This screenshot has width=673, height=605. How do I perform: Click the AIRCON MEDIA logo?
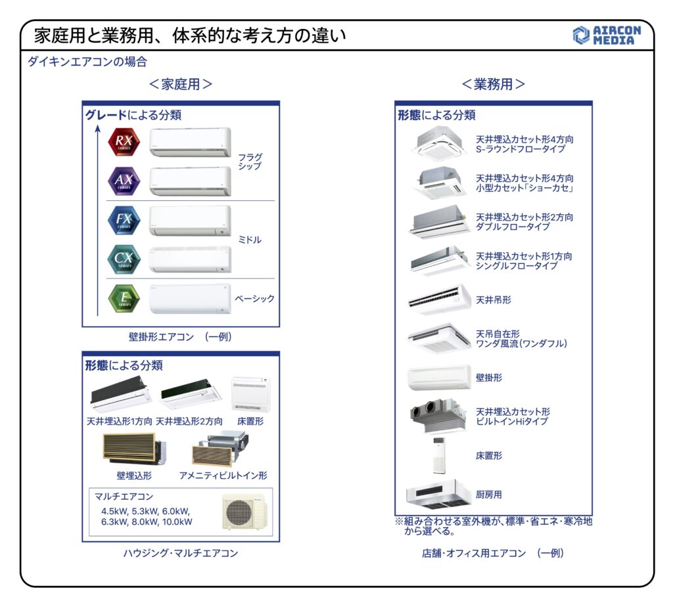point(604,35)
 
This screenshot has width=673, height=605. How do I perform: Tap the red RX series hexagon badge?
point(124,143)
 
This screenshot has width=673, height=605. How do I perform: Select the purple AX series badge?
point(124,181)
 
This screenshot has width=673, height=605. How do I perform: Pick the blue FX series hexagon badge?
point(124,220)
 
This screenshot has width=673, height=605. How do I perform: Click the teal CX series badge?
point(124,259)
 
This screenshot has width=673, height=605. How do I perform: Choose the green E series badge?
point(124,298)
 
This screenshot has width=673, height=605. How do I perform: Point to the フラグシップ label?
point(250,162)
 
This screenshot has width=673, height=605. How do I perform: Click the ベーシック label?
point(255,298)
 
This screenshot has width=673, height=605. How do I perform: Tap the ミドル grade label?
point(250,240)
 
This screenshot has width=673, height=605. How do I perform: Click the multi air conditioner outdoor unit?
point(244,512)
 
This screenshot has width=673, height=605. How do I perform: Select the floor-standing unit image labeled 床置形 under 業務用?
point(440,455)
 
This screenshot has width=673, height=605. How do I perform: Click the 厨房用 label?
point(489,494)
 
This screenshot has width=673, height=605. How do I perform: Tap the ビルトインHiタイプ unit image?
point(438,416)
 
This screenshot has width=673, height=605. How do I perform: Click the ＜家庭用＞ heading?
point(180,85)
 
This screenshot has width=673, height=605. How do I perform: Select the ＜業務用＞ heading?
point(493,85)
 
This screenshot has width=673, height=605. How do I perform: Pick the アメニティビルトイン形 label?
point(223,475)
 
